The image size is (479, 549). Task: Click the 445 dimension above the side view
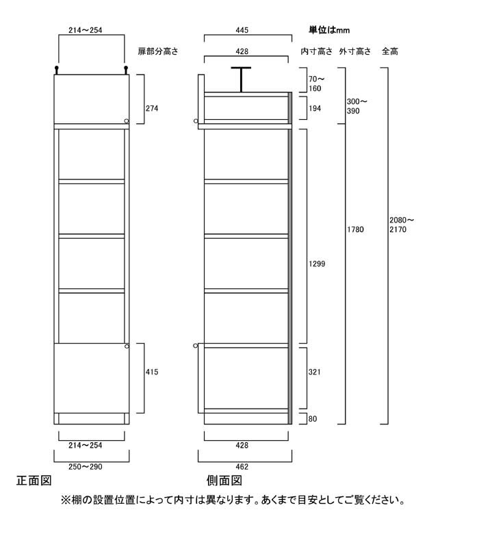tap(242, 30)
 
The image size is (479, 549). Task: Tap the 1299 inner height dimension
tap(317, 264)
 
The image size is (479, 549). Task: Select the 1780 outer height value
tap(356, 230)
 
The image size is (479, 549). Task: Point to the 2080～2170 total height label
tap(402, 225)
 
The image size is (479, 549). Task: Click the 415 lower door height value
tap(152, 372)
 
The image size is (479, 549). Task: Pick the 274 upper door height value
tap(152, 109)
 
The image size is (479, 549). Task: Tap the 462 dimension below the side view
tap(242, 467)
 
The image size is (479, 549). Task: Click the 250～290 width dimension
tap(86, 467)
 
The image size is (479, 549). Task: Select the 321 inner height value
tap(315, 372)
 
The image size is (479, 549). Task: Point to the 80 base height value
tap(313, 419)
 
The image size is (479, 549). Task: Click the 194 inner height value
tap(315, 109)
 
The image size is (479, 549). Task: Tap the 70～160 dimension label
tap(316, 84)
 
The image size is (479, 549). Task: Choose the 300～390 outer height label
tap(357, 106)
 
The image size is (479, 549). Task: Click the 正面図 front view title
tap(34, 481)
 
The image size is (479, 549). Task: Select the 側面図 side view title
tap(224, 481)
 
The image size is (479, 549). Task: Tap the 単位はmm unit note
tap(329, 30)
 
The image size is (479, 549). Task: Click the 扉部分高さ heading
tap(158, 51)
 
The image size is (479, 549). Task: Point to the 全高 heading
tap(390, 51)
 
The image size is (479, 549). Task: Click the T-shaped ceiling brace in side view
tap(241, 79)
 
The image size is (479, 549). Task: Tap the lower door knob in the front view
tap(127, 346)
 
